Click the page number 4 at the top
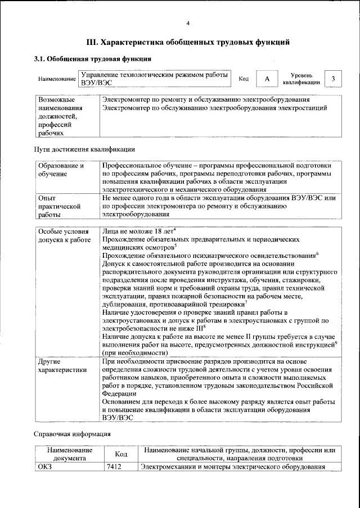pos(188,23)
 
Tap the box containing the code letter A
pos(267,79)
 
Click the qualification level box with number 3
pos(334,79)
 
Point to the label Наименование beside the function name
pos(57,79)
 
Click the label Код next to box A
pos(244,79)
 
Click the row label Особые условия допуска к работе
pos(64,235)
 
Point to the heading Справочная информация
pos(72,434)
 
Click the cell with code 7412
pos(114,467)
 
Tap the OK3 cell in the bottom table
pos(44,467)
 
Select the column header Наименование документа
pos(70,454)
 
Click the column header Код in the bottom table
pos(121,454)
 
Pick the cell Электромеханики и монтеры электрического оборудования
pos(233,467)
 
